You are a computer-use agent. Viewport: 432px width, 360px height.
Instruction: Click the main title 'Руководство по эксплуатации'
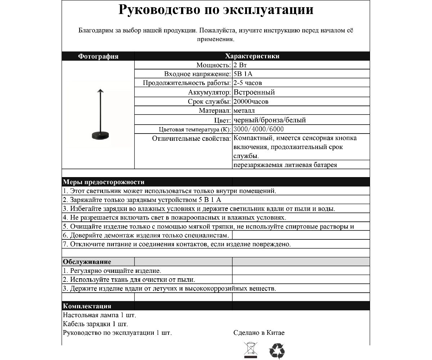click(216, 10)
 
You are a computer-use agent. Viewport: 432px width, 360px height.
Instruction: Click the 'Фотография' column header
click(98, 56)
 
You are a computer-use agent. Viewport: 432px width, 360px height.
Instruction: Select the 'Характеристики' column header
click(252, 56)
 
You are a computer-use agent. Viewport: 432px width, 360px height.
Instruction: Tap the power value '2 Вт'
click(240, 65)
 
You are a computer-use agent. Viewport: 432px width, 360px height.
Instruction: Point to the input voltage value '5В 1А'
click(243, 74)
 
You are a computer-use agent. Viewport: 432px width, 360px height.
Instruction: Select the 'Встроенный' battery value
click(254, 92)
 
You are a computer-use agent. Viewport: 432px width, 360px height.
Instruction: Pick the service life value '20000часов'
click(251, 102)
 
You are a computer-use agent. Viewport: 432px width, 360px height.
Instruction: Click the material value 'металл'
click(244, 111)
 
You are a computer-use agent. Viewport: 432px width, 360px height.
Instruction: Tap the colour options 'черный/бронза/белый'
click(270, 120)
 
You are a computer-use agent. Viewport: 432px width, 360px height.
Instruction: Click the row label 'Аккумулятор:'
click(211, 92)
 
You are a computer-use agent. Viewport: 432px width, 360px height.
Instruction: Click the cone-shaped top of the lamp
click(99, 91)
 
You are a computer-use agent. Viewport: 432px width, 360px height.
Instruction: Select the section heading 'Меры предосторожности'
click(104, 182)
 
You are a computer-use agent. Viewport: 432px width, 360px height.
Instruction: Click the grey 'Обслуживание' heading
click(87, 262)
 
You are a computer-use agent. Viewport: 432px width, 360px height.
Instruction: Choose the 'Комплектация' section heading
click(87, 306)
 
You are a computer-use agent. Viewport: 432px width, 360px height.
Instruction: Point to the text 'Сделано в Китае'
click(259, 333)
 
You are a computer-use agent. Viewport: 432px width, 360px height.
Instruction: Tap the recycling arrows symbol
click(277, 351)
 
